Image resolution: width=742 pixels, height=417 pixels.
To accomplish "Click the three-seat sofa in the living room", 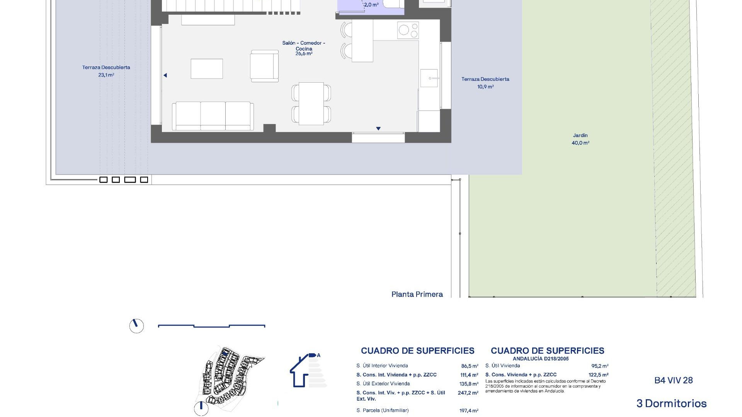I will [213, 116].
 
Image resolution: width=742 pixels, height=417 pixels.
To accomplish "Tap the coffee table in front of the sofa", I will [207, 69].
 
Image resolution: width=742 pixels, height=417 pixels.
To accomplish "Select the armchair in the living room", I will [264, 66].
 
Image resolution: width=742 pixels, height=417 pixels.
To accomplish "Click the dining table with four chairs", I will [311, 103].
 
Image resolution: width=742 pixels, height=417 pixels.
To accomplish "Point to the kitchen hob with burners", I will [408, 31].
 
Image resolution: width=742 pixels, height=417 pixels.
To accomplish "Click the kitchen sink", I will [429, 78].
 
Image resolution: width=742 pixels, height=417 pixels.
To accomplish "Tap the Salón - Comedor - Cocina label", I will [304, 46].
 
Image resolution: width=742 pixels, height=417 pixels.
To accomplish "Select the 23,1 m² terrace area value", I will [106, 75].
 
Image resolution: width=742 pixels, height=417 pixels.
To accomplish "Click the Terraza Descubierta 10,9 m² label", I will [485, 83].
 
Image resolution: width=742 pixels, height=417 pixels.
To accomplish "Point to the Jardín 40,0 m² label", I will [580, 139].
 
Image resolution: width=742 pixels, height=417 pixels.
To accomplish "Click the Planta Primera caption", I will [417, 294].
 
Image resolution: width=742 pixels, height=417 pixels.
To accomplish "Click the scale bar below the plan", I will [211, 326].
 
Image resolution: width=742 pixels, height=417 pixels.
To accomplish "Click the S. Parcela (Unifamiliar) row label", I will [382, 410].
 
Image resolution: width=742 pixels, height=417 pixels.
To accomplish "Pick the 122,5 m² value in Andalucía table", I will [598, 375].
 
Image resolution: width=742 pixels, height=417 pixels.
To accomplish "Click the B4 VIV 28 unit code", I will [673, 380].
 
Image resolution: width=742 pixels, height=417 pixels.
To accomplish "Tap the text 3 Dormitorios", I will [671, 403].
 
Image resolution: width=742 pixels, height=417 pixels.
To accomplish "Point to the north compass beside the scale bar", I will [136, 326].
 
